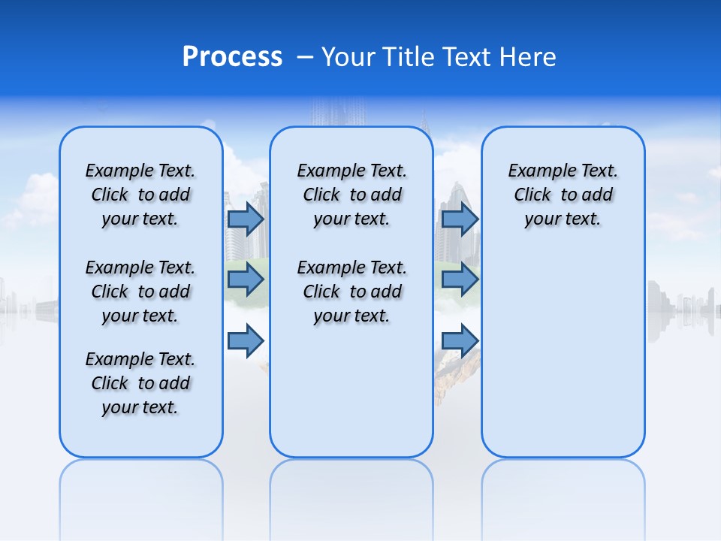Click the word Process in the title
[232, 57]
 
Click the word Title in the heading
[410, 57]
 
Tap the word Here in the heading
[526, 57]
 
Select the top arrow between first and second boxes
[246, 219]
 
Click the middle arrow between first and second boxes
[246, 280]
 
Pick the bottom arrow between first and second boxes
[246, 341]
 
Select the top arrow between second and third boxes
[460, 219]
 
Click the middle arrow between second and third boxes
[460, 280]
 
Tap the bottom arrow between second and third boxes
[460, 341]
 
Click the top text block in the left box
[140, 195]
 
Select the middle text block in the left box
[140, 292]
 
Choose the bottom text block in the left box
[140, 383]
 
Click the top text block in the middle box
[351, 195]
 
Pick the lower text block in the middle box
[351, 292]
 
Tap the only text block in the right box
[563, 195]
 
